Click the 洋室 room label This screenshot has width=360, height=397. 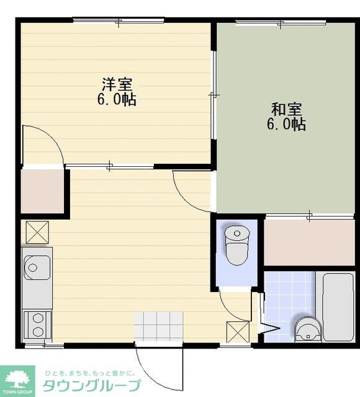[117, 84]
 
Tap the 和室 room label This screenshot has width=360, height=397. [287, 109]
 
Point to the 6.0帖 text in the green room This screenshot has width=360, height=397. [287, 124]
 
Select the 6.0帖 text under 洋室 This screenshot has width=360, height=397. [117, 99]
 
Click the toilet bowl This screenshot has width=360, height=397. [236, 246]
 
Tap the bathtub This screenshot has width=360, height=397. [338, 307]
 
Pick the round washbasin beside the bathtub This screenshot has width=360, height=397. [308, 329]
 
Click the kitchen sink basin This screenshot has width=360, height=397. [37, 267]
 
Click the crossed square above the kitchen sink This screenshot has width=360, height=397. [37, 232]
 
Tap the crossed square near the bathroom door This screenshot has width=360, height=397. [238, 332]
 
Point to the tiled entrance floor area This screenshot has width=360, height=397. [158, 326]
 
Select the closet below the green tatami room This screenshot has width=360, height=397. [309, 243]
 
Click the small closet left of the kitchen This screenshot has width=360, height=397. [42, 191]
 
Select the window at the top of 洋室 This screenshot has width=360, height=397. [119, 20]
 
